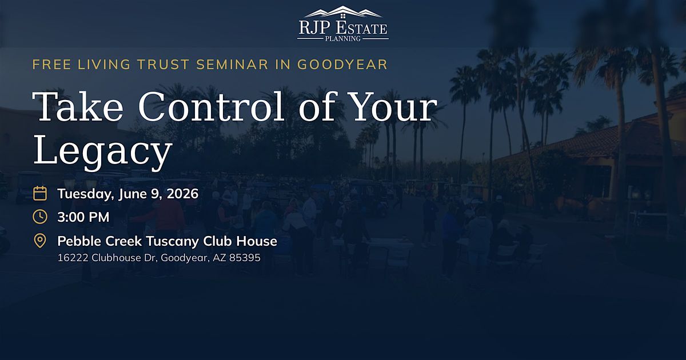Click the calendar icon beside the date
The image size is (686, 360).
pos(40,194)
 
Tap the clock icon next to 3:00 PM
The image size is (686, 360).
pos(40,217)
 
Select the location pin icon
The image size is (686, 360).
pos(40,241)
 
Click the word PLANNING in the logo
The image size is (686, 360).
pos(342,39)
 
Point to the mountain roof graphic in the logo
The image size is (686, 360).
pos(343,12)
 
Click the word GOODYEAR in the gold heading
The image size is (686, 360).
pos(342,65)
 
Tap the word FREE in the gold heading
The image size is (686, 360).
pos(52,65)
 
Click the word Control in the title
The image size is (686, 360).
pos(212,106)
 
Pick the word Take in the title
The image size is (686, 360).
pos(78,106)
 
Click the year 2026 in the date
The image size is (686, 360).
pos(182,194)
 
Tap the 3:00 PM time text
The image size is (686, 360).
pos(83,217)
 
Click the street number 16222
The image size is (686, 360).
pos(73,258)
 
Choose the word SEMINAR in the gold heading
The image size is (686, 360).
pos(232,65)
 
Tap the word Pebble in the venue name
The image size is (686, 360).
pos(79,241)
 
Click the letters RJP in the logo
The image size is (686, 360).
pos(315,28)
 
